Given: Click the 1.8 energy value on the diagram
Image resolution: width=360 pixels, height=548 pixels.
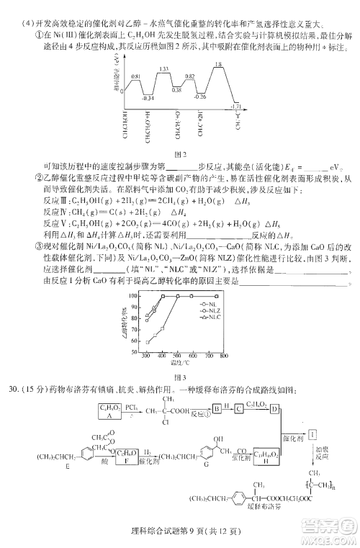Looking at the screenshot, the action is click(217, 65).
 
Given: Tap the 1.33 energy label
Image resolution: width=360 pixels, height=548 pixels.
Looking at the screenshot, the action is click(163, 69).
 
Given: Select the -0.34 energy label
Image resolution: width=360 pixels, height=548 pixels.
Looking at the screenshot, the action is click(148, 97).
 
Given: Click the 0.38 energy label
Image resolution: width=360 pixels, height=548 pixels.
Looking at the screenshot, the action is click(176, 89).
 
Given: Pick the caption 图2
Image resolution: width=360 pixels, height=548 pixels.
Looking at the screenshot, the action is click(181, 153).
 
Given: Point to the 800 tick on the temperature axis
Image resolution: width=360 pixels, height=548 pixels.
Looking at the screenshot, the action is click(224, 356).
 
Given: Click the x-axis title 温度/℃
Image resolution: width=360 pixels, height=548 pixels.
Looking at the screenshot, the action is click(185, 363).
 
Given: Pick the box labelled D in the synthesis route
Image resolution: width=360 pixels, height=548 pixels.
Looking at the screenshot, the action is click(274, 408).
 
